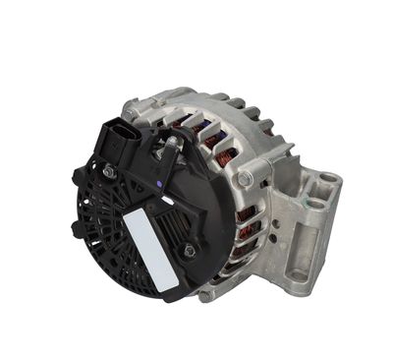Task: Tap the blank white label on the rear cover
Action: (x=150, y=250)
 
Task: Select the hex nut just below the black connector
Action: (x=109, y=172)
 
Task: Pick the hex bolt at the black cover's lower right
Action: (x=189, y=250)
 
